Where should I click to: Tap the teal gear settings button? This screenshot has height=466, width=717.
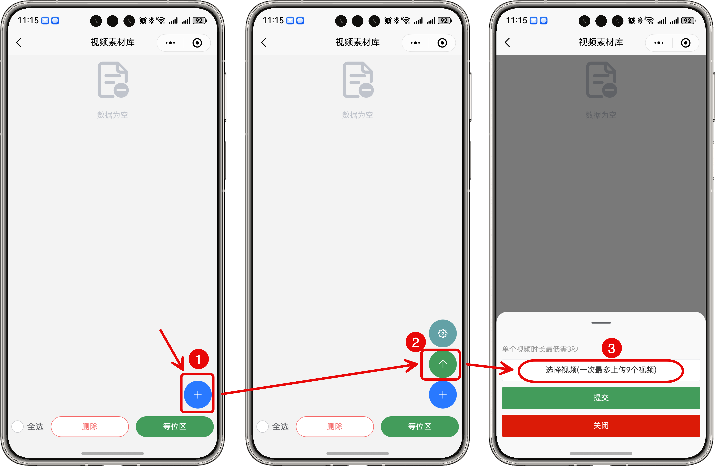click(x=443, y=333)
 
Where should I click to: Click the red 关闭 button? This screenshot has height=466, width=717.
click(x=601, y=425)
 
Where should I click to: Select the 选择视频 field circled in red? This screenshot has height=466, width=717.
click(x=601, y=370)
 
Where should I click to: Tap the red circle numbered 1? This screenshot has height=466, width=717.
click(x=199, y=359)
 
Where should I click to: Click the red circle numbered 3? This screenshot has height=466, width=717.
click(x=612, y=348)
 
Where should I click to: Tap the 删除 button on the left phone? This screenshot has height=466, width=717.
click(x=90, y=426)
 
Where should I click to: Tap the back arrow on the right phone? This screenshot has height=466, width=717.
click(x=507, y=42)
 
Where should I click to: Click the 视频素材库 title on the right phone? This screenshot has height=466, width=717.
click(x=601, y=42)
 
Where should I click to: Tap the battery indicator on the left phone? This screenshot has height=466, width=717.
click(x=199, y=21)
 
